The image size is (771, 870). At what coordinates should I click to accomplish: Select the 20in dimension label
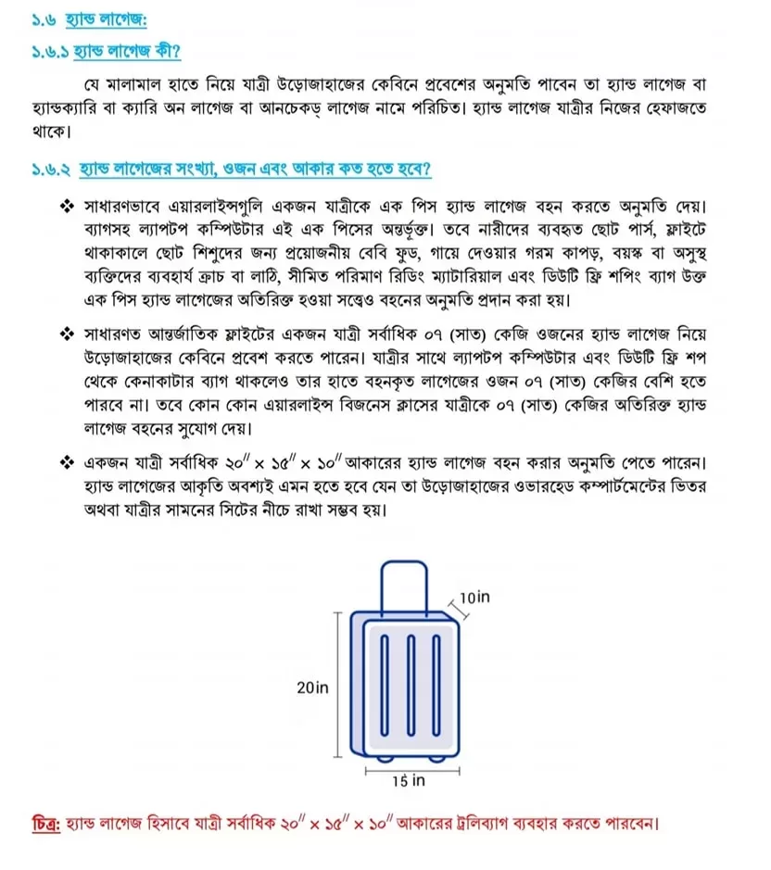click(312, 687)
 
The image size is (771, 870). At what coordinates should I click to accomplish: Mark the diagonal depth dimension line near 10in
click(455, 608)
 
